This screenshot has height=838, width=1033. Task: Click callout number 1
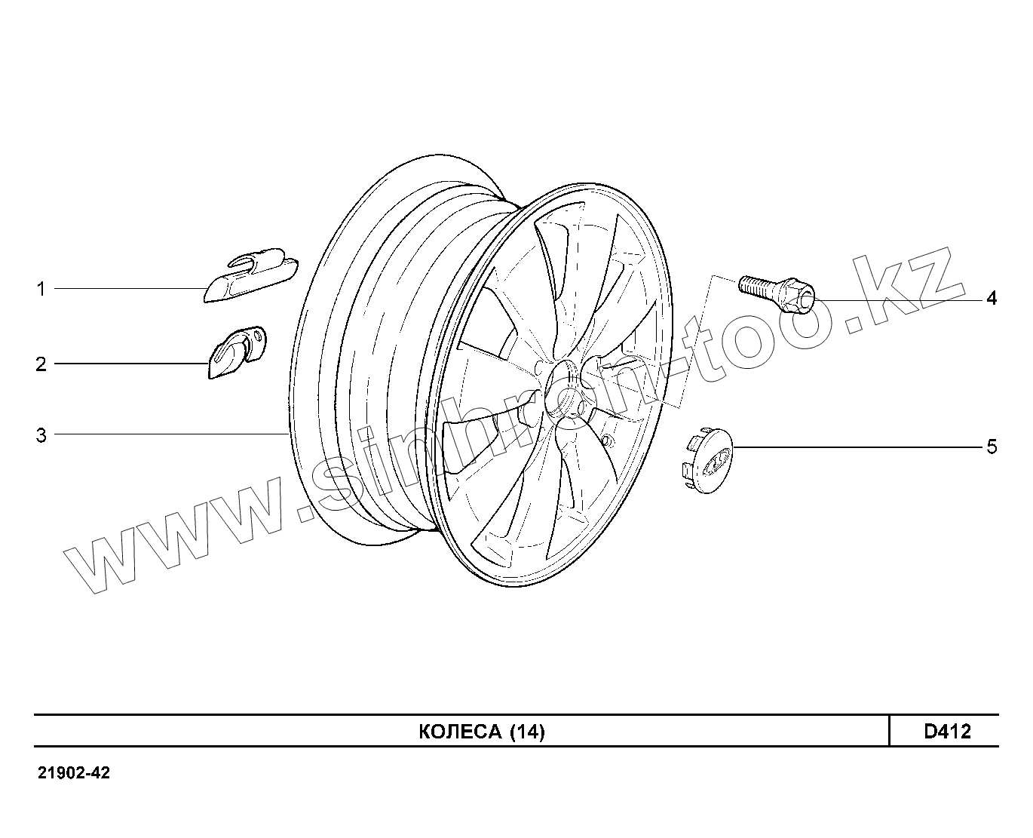41,289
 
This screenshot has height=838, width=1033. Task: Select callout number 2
41,364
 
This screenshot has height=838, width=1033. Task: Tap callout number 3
41,435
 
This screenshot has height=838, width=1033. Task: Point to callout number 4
992,299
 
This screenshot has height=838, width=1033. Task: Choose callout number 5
992,447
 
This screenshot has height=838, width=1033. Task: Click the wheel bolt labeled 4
777,292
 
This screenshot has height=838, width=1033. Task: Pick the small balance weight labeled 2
235,351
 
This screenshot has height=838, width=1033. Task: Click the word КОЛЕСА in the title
459,732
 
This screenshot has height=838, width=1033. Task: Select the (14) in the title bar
526,732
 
